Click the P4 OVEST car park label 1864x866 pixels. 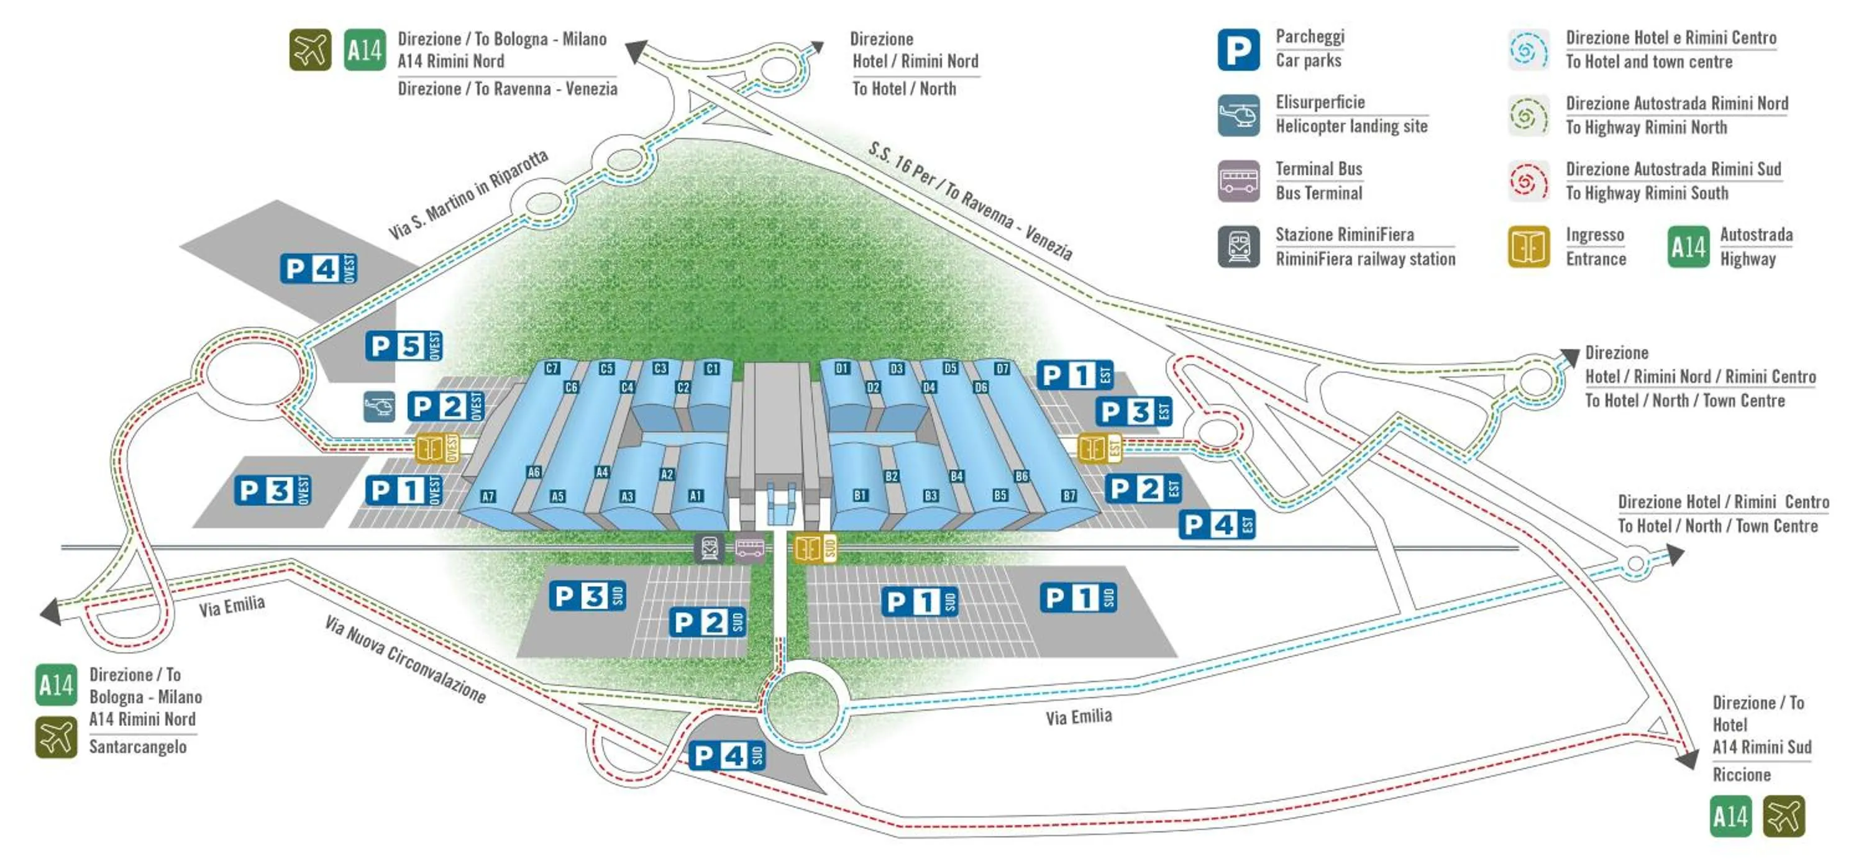click(x=318, y=269)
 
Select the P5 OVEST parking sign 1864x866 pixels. click(x=403, y=346)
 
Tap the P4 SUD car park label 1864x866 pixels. click(x=726, y=756)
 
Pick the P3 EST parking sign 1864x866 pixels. click(x=1133, y=412)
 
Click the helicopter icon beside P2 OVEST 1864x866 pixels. click(x=379, y=406)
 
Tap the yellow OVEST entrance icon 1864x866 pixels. click(x=436, y=449)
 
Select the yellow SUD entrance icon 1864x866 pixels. click(x=815, y=548)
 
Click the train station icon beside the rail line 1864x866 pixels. click(x=709, y=548)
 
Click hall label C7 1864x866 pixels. click(x=552, y=368)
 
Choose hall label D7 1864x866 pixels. click(x=1002, y=369)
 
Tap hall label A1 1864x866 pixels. click(x=695, y=496)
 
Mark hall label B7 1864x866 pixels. click(x=1069, y=496)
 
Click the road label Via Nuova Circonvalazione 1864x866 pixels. click(x=404, y=659)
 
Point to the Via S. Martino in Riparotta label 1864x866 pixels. click(x=468, y=194)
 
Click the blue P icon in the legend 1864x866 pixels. click(x=1238, y=50)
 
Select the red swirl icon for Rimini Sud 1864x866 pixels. click(x=1528, y=181)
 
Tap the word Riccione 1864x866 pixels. click(x=1741, y=775)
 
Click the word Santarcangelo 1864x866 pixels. click(x=137, y=747)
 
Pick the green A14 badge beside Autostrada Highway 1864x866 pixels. click(x=1688, y=247)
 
